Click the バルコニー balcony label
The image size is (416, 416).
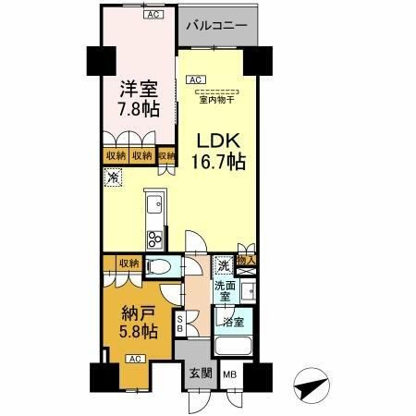click(x=214, y=26)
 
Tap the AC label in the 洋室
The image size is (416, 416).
click(x=151, y=15)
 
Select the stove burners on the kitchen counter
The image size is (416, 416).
click(x=154, y=240)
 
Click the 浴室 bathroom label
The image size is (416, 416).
click(x=231, y=322)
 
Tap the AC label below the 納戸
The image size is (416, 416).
click(x=132, y=358)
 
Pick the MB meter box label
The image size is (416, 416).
click(x=228, y=374)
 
